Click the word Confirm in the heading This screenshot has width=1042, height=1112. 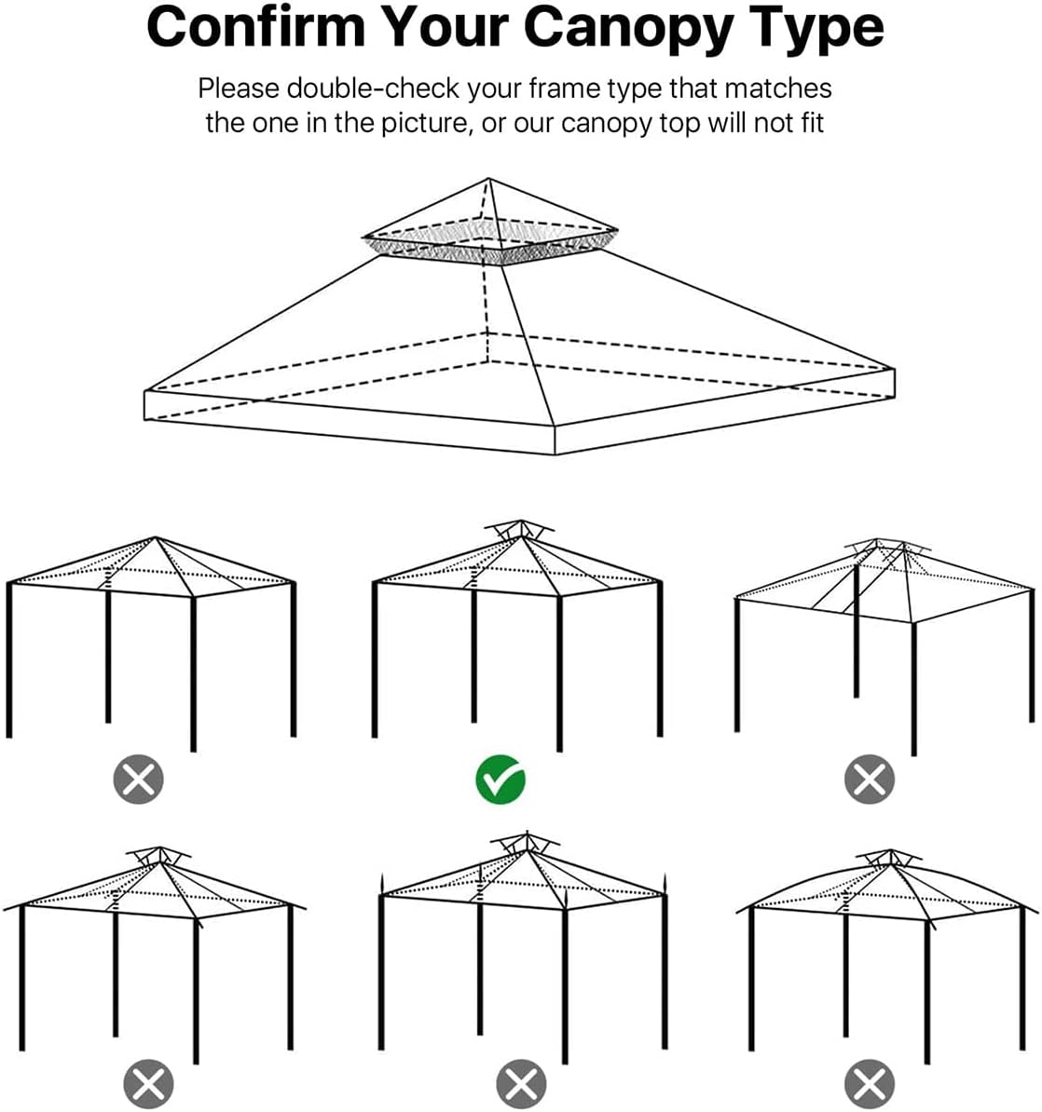click(x=255, y=27)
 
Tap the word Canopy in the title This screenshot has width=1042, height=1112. click(x=631, y=29)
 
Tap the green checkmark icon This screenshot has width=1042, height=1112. click(x=500, y=780)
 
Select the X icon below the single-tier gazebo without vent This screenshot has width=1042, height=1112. click(x=138, y=780)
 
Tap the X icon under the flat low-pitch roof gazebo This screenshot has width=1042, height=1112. click(x=869, y=780)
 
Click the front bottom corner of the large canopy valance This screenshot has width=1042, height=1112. click(x=555, y=454)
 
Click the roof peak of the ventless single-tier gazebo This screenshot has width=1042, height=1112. click(x=156, y=538)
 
